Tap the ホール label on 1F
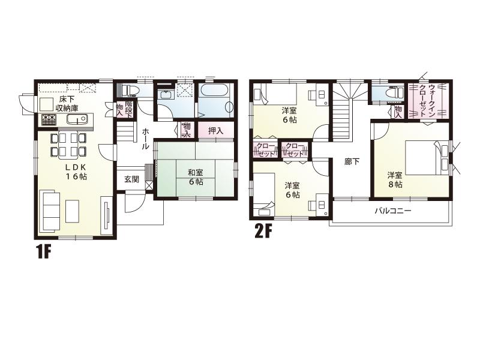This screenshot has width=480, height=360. pyautogui.click(x=146, y=139)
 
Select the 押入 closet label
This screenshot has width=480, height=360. pyautogui.click(x=215, y=130)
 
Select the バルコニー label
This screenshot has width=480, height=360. pyautogui.click(x=393, y=211)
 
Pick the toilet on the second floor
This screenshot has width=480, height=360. pyautogui.click(x=393, y=93)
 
